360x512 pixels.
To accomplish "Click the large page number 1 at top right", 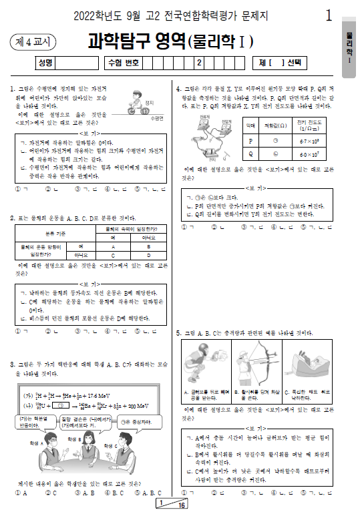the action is pyautogui.click(x=329, y=15).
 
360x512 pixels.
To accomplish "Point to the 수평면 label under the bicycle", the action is pyautogui.click(x=158, y=117).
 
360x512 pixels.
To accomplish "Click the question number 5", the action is pyautogui.click(x=179, y=332).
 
